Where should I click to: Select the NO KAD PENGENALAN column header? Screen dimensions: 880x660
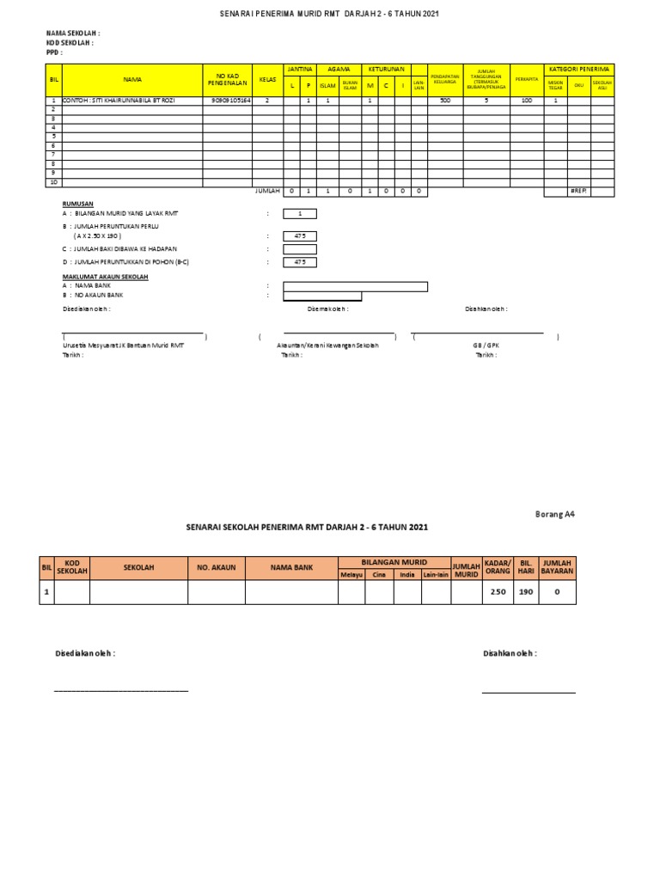(228, 79)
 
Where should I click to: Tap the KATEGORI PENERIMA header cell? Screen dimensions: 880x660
(579, 69)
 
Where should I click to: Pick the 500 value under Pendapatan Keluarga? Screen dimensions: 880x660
(444, 101)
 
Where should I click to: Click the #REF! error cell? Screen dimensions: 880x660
(578, 191)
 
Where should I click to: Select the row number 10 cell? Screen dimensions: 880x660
(53, 182)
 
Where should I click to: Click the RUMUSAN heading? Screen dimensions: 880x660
(77, 205)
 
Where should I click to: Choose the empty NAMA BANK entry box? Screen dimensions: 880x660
(355, 286)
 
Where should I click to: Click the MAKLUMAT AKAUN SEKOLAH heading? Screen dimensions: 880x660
(106, 277)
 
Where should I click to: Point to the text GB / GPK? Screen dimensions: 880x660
(486, 344)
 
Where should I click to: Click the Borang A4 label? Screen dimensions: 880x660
(554, 515)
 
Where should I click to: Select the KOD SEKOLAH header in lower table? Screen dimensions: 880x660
(72, 568)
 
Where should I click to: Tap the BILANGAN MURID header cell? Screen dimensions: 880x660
(394, 562)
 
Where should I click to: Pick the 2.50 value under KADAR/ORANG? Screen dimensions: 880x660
(498, 592)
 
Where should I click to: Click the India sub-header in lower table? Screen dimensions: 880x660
(407, 575)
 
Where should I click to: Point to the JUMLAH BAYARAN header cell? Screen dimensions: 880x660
(557, 568)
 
